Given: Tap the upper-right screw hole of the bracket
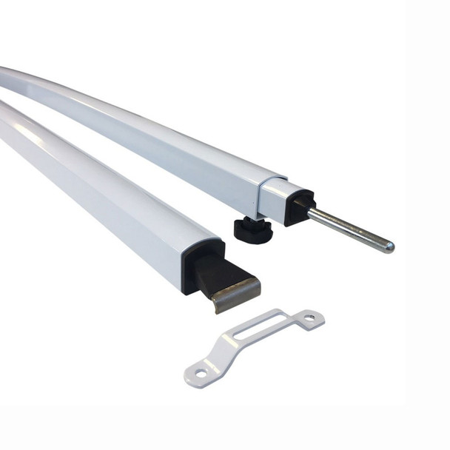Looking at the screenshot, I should (x=309, y=318).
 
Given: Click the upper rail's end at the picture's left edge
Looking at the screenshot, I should (x=4, y=77).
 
